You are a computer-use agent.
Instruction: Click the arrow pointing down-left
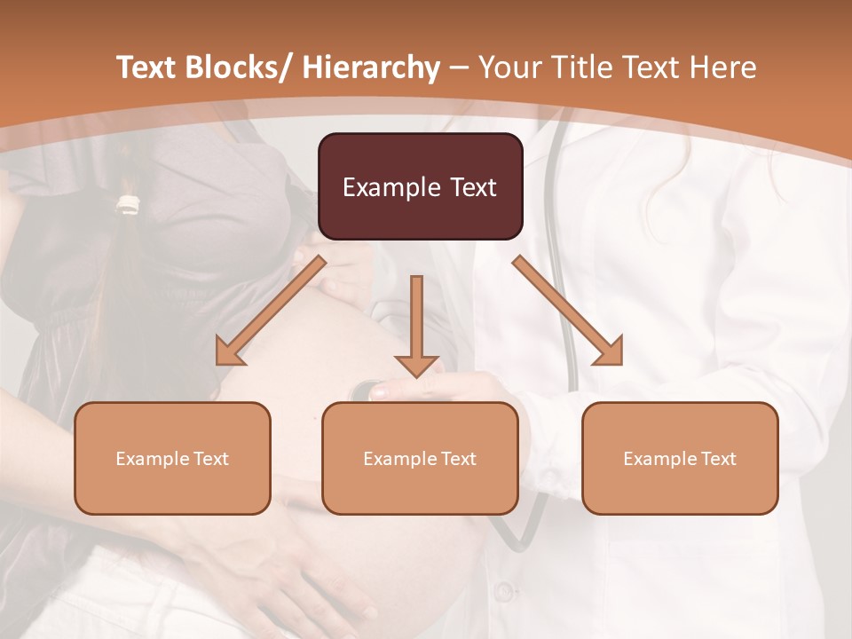pyautogui.click(x=270, y=312)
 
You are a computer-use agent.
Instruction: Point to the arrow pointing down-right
pyautogui.click(x=568, y=312)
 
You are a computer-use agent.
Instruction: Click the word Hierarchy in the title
pyautogui.click(x=370, y=67)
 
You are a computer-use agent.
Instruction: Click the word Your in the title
pyautogui.click(x=509, y=67)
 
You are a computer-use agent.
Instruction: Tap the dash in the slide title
pyautogui.click(x=459, y=67)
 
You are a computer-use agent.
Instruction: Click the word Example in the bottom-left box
pyautogui.click(x=153, y=459)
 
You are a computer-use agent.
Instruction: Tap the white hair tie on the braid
pyautogui.click(x=130, y=205)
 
